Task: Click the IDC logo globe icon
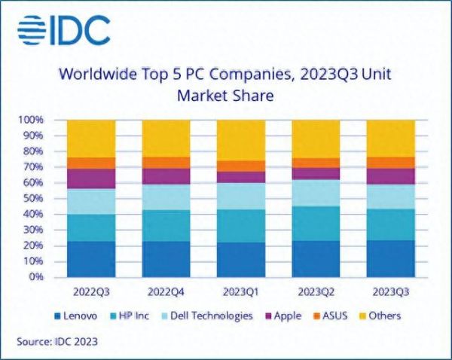33,30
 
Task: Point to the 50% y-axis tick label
33,199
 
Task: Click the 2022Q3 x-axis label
90,291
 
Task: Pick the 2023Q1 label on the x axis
241,291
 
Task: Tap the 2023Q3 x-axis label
391,291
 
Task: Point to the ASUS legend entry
334,316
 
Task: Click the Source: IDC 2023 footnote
57,342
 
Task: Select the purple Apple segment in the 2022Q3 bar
90,178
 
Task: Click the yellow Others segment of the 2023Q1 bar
241,140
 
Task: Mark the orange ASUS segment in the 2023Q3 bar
391,163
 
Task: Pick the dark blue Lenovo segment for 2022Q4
166,259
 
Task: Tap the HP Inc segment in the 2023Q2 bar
316,224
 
